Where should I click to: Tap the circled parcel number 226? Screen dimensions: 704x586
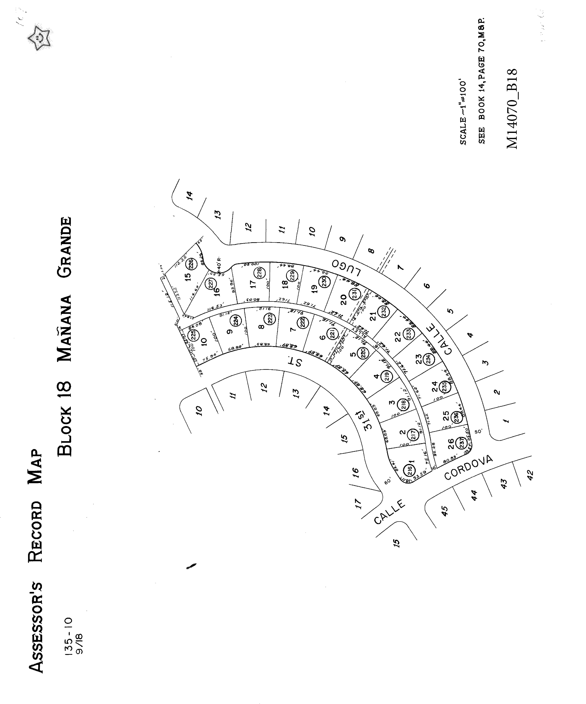191,263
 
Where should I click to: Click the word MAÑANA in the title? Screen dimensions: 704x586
65,329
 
